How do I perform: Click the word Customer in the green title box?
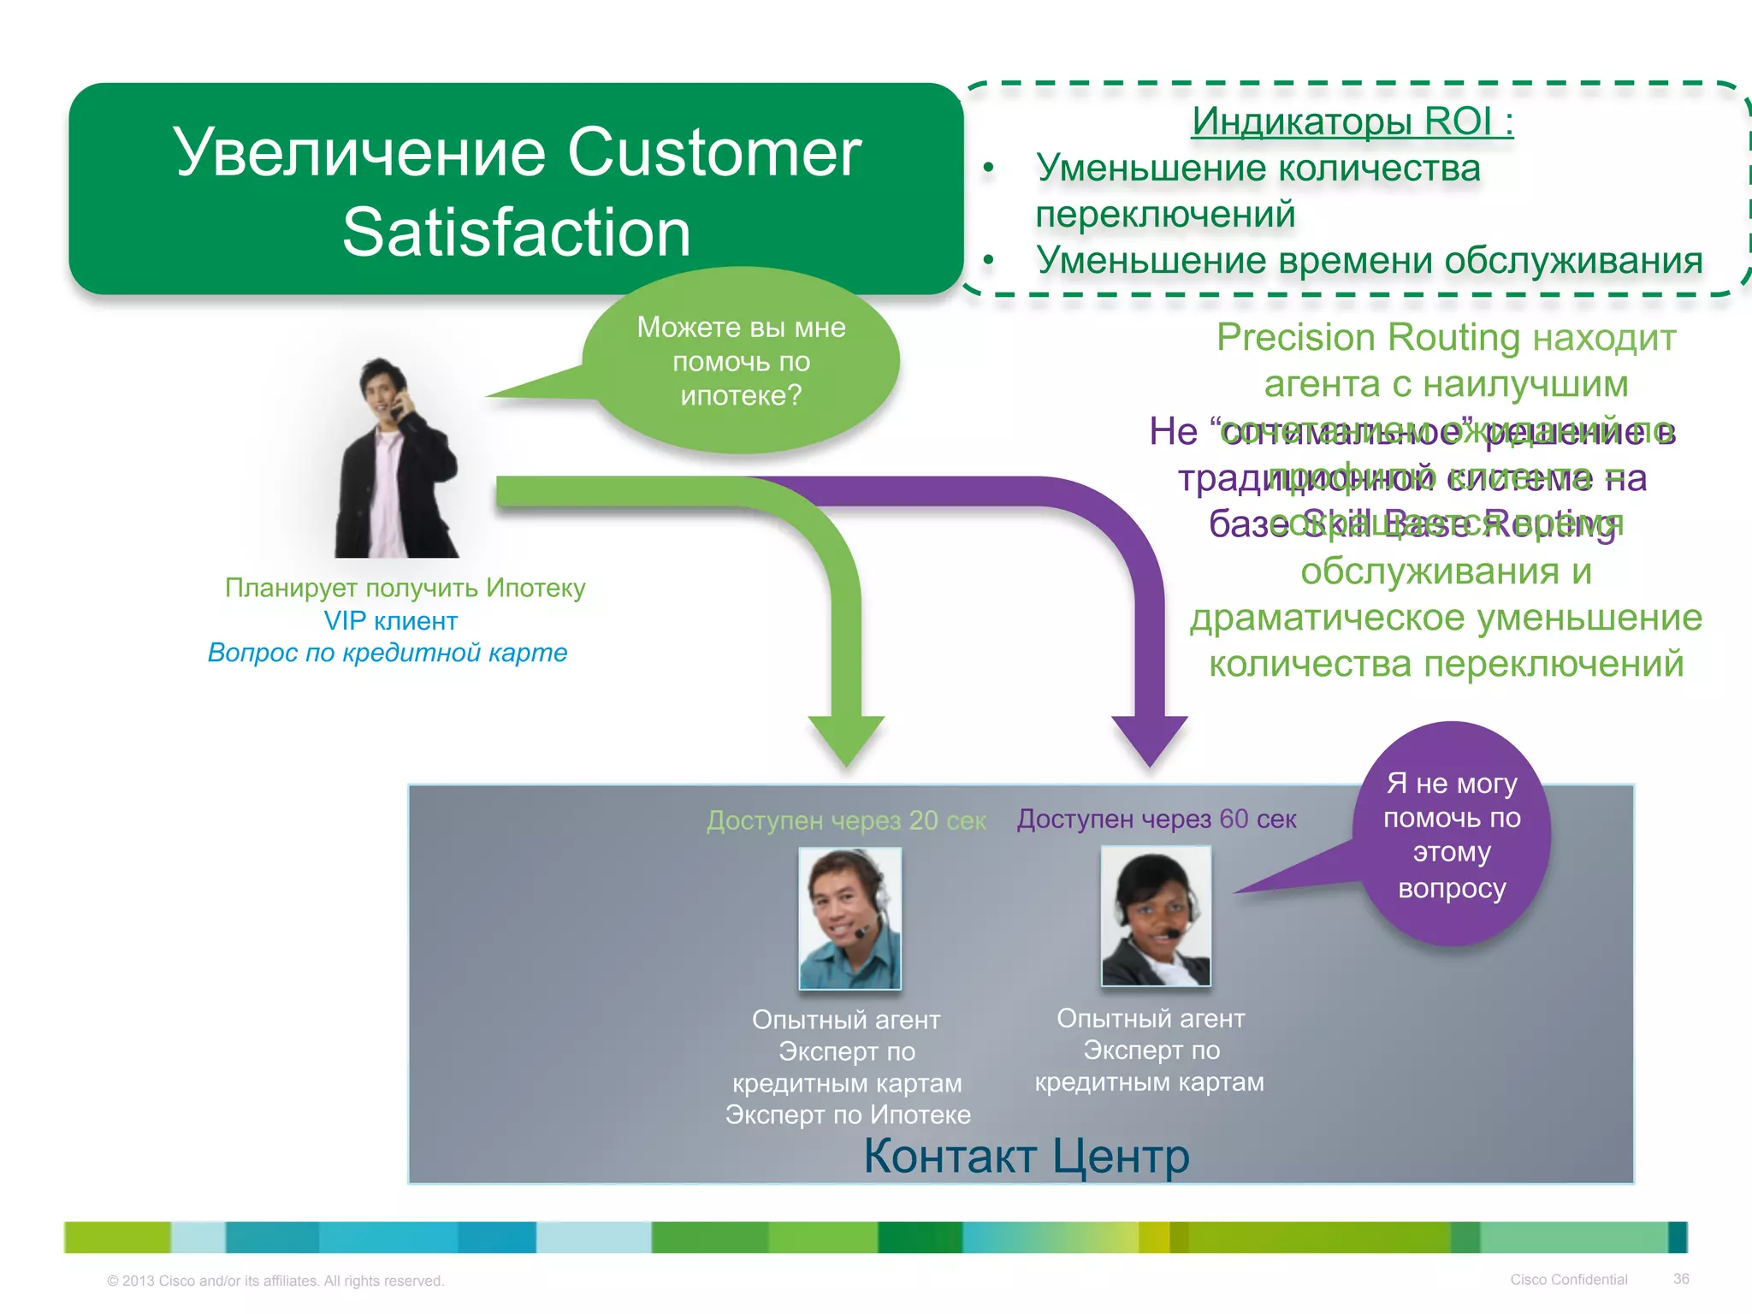pyautogui.click(x=714, y=152)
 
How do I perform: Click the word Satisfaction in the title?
pyautogui.click(x=517, y=233)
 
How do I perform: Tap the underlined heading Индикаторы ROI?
pyautogui.click(x=1352, y=121)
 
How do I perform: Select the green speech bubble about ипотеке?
pyautogui.click(x=741, y=361)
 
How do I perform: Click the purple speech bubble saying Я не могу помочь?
pyautogui.click(x=1452, y=835)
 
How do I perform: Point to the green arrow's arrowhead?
pyautogui.click(x=846, y=739)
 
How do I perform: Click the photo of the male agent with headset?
pyautogui.click(x=849, y=918)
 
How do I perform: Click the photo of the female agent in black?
pyautogui.click(x=1156, y=916)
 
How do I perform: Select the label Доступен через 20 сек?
pyautogui.click(x=846, y=820)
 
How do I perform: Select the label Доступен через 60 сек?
pyautogui.click(x=1157, y=819)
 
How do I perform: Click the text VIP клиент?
pyautogui.click(x=391, y=620)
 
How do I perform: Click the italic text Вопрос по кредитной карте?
pyautogui.click(x=388, y=653)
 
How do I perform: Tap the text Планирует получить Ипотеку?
pyautogui.click(x=405, y=588)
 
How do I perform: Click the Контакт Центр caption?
pyautogui.click(x=1026, y=1156)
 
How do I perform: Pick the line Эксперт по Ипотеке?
pyautogui.click(x=848, y=1115)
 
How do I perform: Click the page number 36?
pyautogui.click(x=1681, y=1279)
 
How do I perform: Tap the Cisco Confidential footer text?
pyautogui.click(x=1568, y=1280)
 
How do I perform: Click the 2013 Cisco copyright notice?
pyautogui.click(x=275, y=1281)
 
